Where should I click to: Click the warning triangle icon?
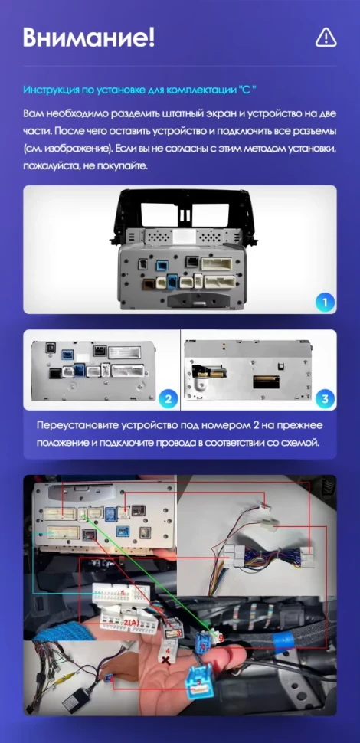[326, 36]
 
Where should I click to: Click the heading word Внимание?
[89, 36]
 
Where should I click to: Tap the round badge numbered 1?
[325, 303]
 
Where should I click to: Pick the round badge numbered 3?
[325, 398]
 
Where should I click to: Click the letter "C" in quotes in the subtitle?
[245, 90]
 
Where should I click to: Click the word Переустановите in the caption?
[79, 426]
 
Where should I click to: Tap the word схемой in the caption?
[301, 443]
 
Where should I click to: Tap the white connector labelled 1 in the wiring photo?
[120, 594]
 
